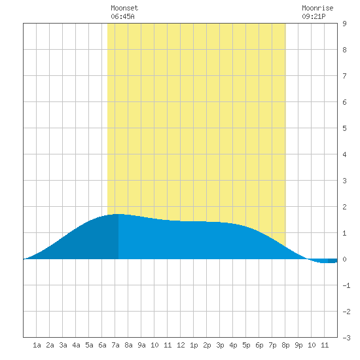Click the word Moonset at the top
tap(124, 8)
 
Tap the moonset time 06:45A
tap(122, 16)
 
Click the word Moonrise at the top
tap(317, 8)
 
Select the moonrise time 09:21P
tap(314, 16)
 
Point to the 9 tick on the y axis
tap(344, 24)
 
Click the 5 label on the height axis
tap(344, 128)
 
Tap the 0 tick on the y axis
tap(344, 259)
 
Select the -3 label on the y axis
tap(346, 338)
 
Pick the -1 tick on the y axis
tap(346, 285)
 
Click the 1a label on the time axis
tap(37, 345)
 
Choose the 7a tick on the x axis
tap(115, 345)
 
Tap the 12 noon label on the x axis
tap(181, 345)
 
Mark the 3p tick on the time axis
tap(220, 345)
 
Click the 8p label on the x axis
tap(285, 345)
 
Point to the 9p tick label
tap(298, 345)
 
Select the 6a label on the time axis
tap(102, 345)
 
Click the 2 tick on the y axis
tap(344, 207)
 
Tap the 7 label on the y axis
tap(344, 76)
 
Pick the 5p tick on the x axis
tap(246, 345)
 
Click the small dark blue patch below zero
tap(333, 261)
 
